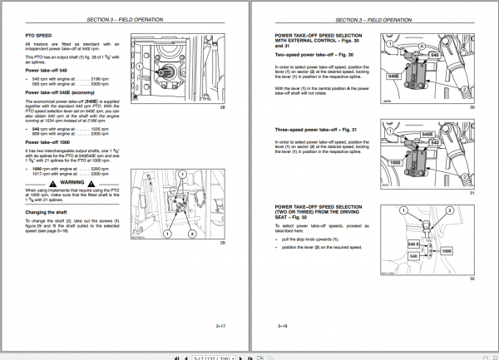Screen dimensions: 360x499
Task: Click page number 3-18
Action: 282,328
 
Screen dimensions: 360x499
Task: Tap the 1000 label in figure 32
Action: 445,249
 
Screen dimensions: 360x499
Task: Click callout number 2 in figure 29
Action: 193,234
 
